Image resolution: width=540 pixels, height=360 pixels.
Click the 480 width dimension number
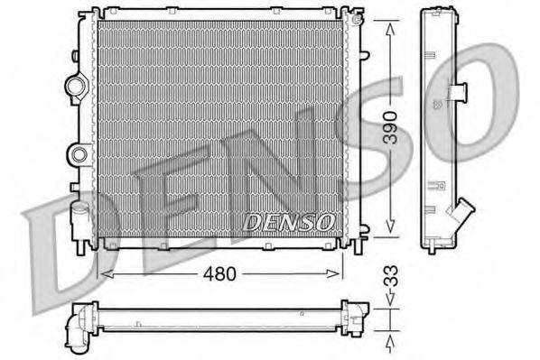click(219, 272)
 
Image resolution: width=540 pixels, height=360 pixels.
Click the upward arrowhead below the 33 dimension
click(389, 341)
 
